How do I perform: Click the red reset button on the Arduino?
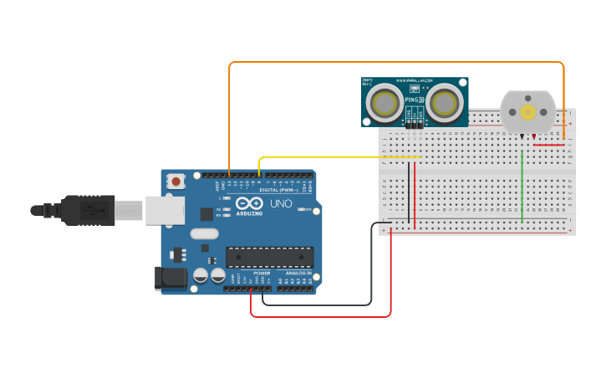point(176,180)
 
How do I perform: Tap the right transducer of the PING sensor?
point(445,103)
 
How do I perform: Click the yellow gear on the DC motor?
point(527,112)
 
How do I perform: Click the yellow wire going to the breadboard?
point(334,156)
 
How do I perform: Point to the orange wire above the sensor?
point(393,62)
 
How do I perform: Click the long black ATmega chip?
point(269,258)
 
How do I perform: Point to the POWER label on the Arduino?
point(262,274)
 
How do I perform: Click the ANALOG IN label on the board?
point(297,274)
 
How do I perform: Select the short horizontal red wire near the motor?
point(548,145)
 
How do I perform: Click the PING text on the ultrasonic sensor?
point(413,100)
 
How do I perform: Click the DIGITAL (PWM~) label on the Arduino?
point(280,190)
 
